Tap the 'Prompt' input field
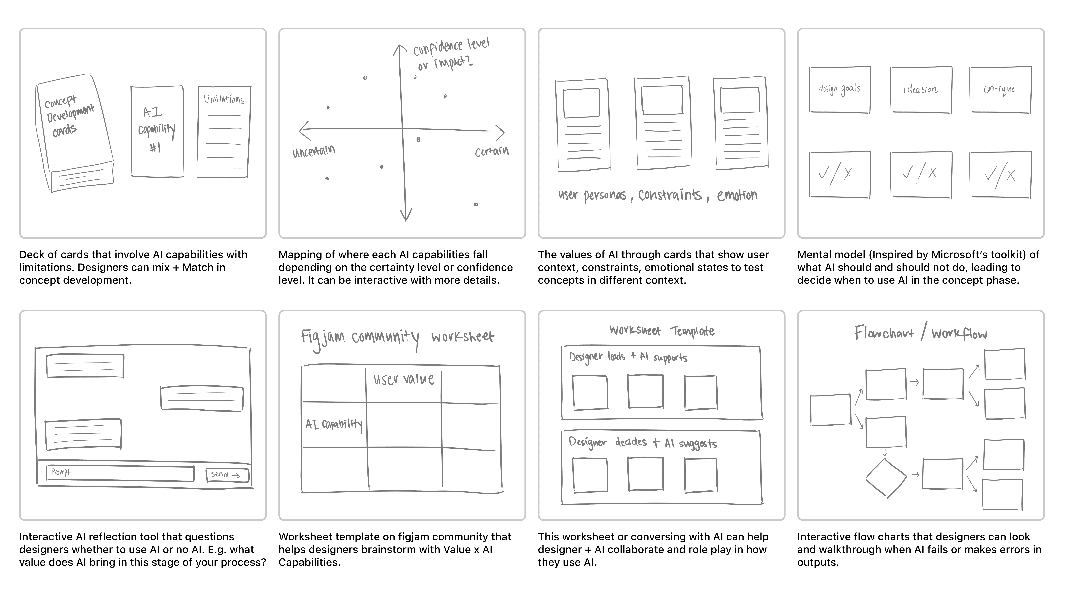[x=120, y=473]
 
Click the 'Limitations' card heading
[x=224, y=99]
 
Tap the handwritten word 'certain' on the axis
[x=492, y=152]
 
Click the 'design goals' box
[x=840, y=89]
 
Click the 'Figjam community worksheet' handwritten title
[x=398, y=337]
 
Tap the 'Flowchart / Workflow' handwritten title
[x=920, y=333]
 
